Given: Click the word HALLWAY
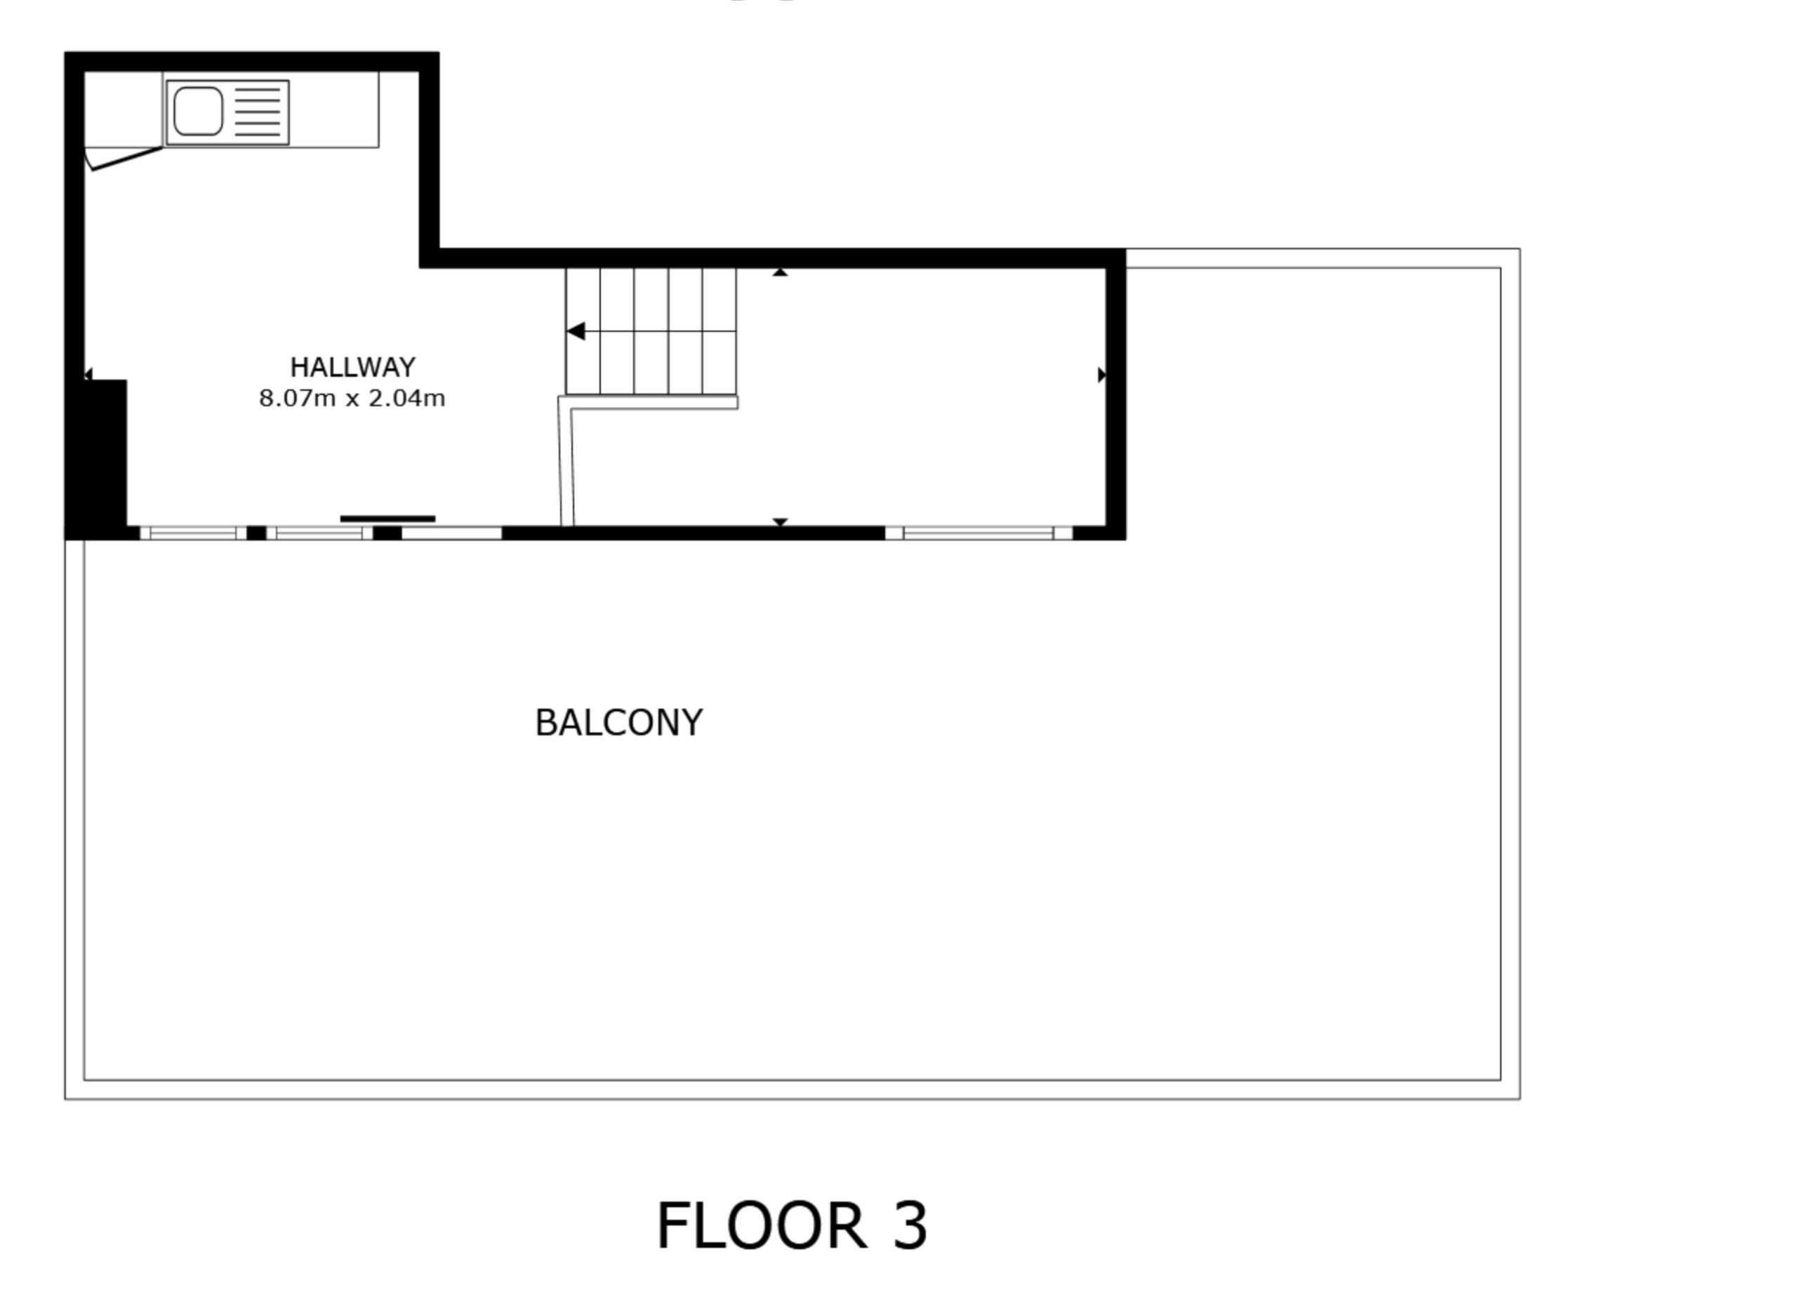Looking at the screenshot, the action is (x=352, y=368).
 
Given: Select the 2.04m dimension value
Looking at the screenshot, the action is (x=407, y=399).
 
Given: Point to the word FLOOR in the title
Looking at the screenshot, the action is (x=762, y=1227).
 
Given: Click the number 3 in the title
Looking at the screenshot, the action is (x=910, y=1227).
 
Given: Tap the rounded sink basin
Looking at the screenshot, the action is (x=198, y=112).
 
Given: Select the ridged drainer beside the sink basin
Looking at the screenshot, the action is (x=258, y=112).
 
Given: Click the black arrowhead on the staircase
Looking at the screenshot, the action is (x=576, y=331).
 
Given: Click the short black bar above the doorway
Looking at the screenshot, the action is (x=387, y=519).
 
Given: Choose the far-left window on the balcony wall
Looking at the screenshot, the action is (x=193, y=533).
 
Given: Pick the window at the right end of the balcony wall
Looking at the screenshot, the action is (x=979, y=533).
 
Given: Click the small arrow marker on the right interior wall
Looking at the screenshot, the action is (x=1101, y=375).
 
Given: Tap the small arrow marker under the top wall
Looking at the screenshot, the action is (x=781, y=272).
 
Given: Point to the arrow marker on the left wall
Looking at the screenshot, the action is (x=88, y=374).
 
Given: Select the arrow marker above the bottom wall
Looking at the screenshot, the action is (x=781, y=522).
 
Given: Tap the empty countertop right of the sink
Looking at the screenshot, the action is (x=333, y=109).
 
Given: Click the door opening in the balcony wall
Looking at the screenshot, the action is (x=451, y=533).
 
